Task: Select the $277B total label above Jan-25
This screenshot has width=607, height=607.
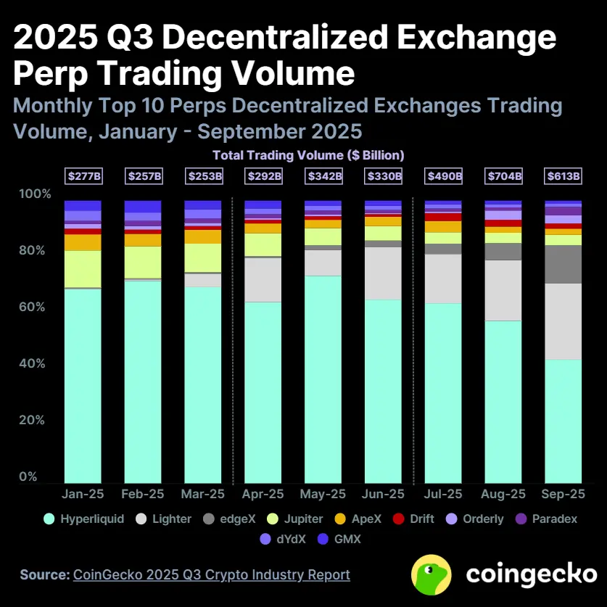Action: tap(83, 176)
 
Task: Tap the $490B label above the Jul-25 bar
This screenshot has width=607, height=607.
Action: tap(442, 176)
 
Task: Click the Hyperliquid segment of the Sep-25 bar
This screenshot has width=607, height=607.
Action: tap(563, 421)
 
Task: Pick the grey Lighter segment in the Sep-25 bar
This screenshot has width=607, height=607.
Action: tap(563, 321)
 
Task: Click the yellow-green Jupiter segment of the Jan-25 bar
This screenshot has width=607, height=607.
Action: tap(83, 269)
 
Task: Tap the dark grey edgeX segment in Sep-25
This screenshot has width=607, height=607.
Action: tap(563, 264)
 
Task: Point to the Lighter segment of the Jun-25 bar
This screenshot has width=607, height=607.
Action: tap(383, 273)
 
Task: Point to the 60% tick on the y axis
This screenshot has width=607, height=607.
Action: tap(36, 307)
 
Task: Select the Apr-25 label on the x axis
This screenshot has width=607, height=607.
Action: tap(263, 495)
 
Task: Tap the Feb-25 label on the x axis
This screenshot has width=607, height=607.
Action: tap(143, 495)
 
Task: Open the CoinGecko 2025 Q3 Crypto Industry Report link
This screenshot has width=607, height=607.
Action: tap(212, 574)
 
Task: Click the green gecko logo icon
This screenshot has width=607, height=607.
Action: tap(433, 574)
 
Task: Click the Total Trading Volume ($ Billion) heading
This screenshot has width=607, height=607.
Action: tap(308, 154)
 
